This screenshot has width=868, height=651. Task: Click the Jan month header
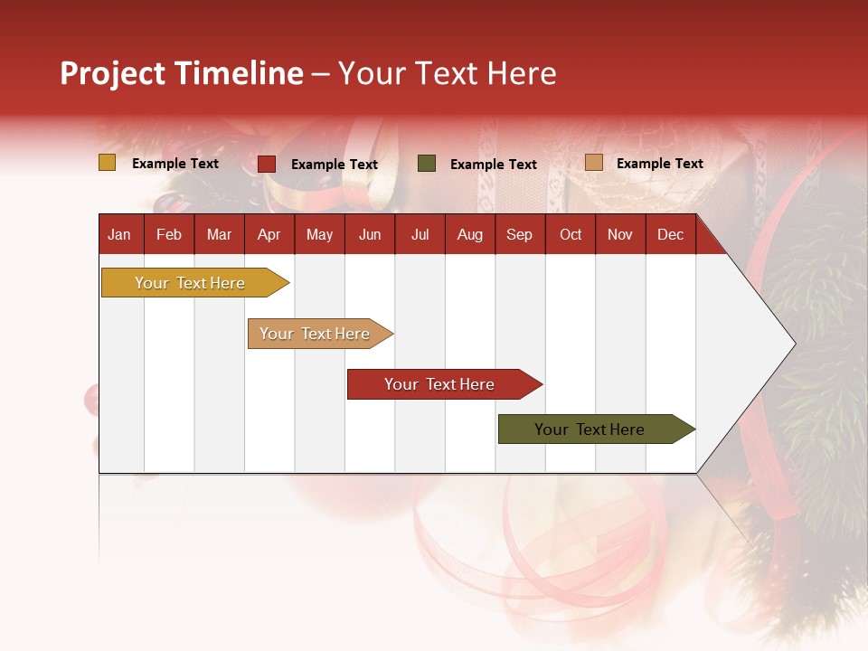point(119,235)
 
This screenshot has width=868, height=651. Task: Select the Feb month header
point(169,235)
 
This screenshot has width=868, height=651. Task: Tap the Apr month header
point(269,235)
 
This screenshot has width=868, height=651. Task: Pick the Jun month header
point(370,235)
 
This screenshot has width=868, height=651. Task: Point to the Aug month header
point(470,235)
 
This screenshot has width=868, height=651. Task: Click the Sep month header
point(520,235)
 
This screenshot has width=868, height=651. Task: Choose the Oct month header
point(571,235)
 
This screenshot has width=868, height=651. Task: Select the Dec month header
point(671,235)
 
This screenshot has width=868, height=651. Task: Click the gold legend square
point(108,163)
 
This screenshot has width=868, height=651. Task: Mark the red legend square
point(267,164)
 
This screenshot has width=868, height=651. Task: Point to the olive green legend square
point(427,164)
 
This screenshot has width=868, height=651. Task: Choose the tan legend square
point(594,163)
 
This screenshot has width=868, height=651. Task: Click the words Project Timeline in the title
point(182,73)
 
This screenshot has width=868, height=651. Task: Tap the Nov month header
point(620,235)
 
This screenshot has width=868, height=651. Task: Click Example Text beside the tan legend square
point(660,164)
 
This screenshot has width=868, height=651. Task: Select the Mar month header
point(220,235)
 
